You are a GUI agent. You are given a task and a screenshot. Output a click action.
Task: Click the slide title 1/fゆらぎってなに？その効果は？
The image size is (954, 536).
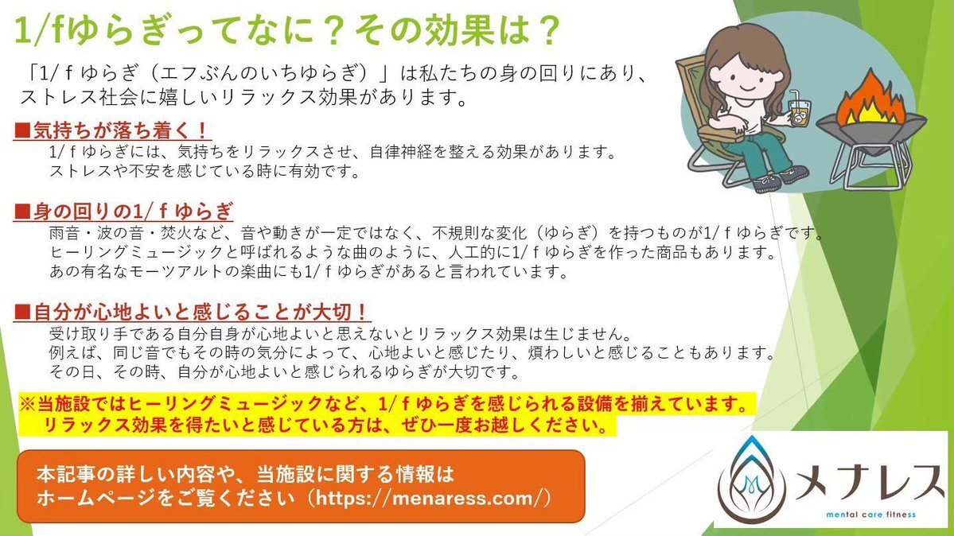coord(286,29)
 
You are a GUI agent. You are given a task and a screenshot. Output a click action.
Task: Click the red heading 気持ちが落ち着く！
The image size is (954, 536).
coord(112,130)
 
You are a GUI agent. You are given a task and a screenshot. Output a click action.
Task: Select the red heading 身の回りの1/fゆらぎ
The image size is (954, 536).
coord(123,211)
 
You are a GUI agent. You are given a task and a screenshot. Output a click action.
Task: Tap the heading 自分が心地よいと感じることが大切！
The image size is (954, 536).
coord(192,312)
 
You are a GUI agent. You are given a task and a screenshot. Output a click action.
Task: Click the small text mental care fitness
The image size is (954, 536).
coord(870,515)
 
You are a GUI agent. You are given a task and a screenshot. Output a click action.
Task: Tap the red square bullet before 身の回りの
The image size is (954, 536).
coord(22,212)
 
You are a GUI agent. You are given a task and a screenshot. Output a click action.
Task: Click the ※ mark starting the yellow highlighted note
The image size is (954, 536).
coord(27,404)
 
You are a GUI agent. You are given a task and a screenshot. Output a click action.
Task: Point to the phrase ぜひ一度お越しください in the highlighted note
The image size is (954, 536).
coord(505,425)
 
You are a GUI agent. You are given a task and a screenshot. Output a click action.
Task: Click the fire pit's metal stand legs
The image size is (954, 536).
coord(871,159)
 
